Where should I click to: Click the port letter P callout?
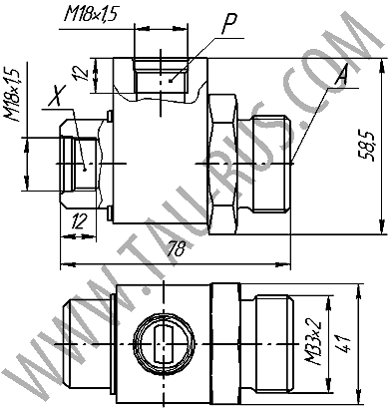point(229,24)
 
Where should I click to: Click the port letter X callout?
point(57,96)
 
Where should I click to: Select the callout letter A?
point(341,75)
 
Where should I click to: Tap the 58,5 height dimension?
point(366,146)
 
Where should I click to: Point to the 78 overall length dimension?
point(176,248)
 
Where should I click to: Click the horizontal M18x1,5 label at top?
point(91,15)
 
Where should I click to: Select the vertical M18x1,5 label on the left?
point(12,95)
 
